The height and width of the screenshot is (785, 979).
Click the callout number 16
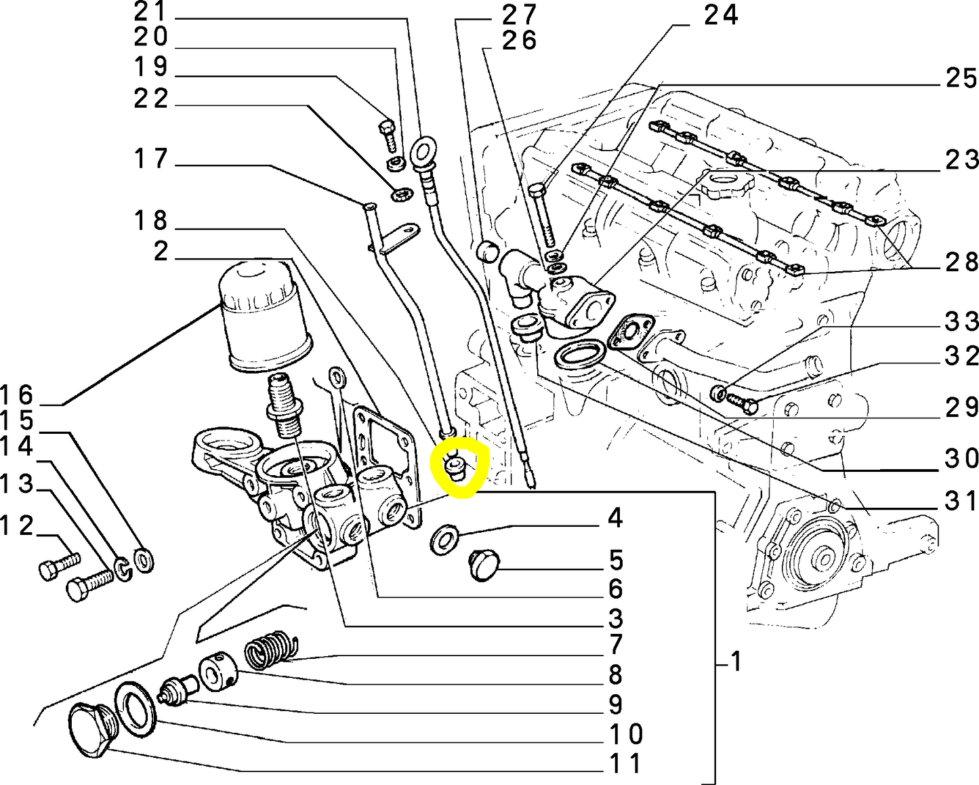16,395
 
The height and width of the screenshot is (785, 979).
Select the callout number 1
735,661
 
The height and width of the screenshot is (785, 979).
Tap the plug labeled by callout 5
483,565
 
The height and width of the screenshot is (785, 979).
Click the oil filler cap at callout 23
726,184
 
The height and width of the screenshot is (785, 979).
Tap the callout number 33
961,321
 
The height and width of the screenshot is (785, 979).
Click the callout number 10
625,733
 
